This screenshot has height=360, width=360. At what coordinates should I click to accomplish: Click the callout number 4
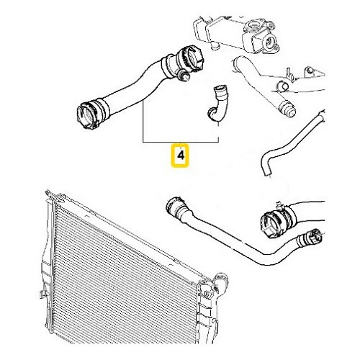coord(179,155)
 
